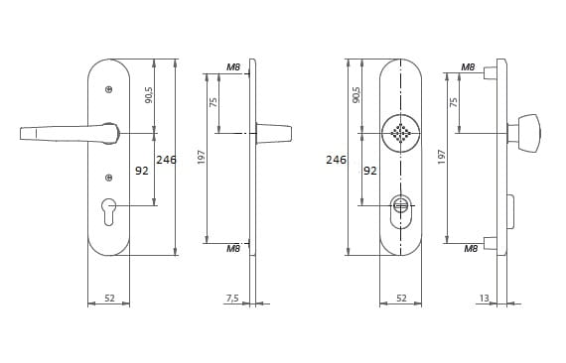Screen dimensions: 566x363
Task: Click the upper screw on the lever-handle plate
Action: [108, 89]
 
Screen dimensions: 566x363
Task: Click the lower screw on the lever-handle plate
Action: [108, 178]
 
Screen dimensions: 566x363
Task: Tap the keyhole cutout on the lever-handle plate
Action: [109, 212]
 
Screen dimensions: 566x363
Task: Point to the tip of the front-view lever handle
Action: [20, 134]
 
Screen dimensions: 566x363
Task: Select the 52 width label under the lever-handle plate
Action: [109, 299]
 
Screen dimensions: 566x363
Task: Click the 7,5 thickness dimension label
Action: [232, 299]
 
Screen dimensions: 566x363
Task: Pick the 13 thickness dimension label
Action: [484, 299]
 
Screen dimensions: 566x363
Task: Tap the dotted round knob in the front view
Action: [401, 133]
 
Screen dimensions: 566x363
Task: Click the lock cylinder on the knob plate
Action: [401, 211]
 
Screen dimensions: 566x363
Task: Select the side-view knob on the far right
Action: [526, 133]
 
